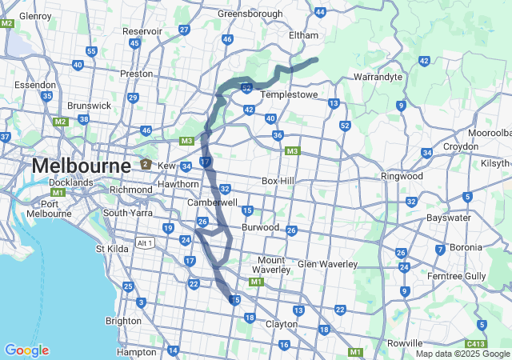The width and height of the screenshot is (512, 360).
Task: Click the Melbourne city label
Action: [x=81, y=166]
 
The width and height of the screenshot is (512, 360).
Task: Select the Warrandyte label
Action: [x=378, y=78]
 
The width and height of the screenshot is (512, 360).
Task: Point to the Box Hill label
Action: [x=278, y=181]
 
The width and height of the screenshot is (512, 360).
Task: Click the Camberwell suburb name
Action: [x=212, y=203]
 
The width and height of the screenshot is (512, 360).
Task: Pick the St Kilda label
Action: [x=113, y=249]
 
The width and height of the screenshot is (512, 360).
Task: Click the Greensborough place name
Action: [x=250, y=14]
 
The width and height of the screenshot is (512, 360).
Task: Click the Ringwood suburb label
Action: [x=402, y=176]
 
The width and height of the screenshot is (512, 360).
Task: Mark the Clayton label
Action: [x=281, y=324]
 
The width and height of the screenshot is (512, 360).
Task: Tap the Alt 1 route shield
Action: [x=145, y=243]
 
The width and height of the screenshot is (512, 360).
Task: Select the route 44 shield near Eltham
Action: [x=320, y=12]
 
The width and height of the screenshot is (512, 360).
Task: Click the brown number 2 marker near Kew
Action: [x=145, y=164]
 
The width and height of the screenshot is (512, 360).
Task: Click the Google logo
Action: [x=26, y=350]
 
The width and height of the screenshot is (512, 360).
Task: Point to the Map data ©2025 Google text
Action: [x=462, y=354]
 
